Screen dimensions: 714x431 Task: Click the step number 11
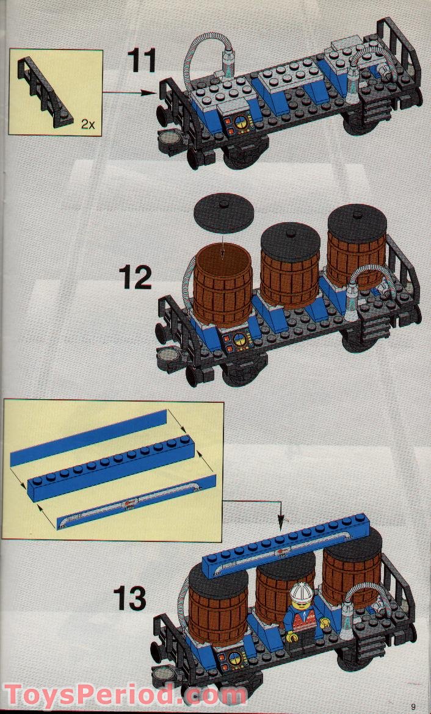pos(142,61)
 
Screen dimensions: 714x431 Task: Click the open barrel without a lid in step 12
pos(223,284)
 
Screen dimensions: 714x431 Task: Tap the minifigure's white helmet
pos(301,591)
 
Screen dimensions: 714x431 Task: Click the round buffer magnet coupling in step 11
pos(169,139)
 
